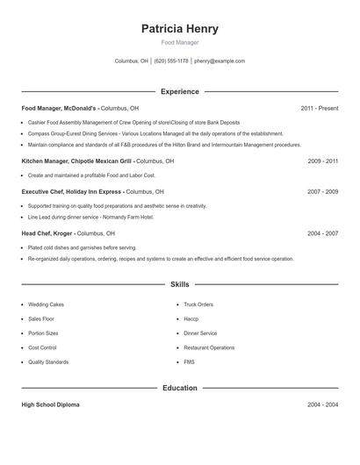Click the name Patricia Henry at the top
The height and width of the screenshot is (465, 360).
[x=179, y=29]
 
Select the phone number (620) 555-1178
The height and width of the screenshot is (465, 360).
[x=171, y=61]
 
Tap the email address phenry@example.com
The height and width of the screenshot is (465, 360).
[x=220, y=61]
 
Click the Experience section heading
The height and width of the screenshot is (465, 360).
[x=179, y=91]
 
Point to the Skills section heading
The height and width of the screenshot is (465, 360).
[x=179, y=284]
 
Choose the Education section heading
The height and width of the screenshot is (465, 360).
[x=179, y=388]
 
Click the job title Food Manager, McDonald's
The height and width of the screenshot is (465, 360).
[x=59, y=108]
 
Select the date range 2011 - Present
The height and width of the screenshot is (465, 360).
[x=319, y=108]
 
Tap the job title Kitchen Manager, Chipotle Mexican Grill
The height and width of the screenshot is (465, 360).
[x=76, y=161]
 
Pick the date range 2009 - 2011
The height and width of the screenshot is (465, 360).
[x=322, y=161]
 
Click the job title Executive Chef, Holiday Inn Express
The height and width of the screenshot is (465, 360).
[x=71, y=191]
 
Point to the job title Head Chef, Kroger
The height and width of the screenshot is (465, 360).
[x=47, y=233]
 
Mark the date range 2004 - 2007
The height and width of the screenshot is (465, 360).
[x=322, y=233]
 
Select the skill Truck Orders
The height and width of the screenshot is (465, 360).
[x=198, y=304]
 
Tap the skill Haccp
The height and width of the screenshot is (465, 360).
[x=191, y=318]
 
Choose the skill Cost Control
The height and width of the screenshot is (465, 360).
[x=42, y=347]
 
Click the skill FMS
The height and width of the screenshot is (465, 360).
[x=190, y=361]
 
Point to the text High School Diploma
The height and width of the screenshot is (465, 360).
[x=50, y=404]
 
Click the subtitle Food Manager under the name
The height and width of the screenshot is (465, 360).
[x=179, y=42]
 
